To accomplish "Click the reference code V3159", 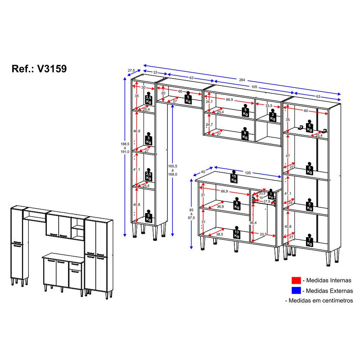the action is coord(52,69).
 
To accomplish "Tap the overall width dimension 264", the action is coord(242,80).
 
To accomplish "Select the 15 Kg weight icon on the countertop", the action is coord(234,176).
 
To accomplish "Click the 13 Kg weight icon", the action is coord(237,233).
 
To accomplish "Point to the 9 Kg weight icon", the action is coord(245,134).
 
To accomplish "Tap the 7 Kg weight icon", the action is coord(310,240).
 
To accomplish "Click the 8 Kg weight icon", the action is coord(237,204).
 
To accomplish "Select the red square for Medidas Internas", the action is coord(296,280).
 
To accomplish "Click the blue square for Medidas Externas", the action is coord(296,291).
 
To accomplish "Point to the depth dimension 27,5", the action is coord(131,71).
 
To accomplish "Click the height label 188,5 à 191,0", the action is coord(125,148).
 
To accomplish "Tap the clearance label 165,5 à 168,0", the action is coord(172,170).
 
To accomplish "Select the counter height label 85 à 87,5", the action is coord(191,214).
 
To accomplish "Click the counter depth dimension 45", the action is coord(203,172).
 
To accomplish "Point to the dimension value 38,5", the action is coord(220,234).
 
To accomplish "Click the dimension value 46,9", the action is coord(136,131).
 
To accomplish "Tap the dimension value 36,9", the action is coord(220,206).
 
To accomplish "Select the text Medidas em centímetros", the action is coord(321,301).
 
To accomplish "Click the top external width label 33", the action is coord(155,72).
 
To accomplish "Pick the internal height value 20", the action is coord(163,93).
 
